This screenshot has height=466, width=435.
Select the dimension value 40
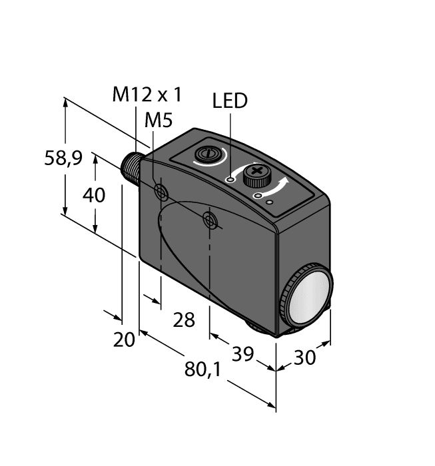(96, 195)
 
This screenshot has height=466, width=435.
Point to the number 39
(242, 353)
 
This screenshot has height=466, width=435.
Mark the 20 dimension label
(124, 340)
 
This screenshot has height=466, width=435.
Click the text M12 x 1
(147, 95)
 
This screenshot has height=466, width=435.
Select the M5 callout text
(158, 120)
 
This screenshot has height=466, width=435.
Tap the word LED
(230, 101)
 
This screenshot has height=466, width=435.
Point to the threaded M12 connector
(132, 171)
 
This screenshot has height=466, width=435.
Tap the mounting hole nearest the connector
(161, 192)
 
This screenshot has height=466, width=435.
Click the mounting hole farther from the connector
(211, 220)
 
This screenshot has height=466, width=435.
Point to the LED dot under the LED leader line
(230, 180)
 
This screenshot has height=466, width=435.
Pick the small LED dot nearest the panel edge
(270, 201)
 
